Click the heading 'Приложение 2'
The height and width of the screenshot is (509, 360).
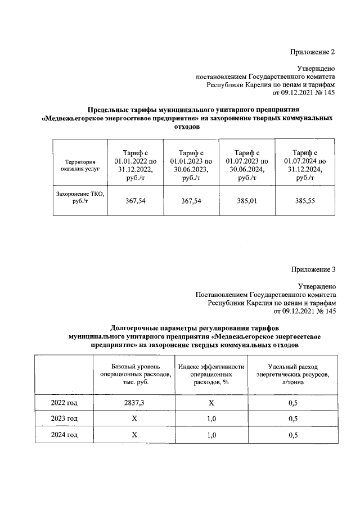312,52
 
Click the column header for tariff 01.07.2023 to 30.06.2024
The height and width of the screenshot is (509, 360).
247,164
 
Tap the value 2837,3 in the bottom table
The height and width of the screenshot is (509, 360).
134,403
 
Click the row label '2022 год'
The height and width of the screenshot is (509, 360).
64,403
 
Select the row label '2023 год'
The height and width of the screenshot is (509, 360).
64,419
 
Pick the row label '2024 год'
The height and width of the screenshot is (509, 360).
64,435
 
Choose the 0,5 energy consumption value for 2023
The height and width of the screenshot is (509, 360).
292,419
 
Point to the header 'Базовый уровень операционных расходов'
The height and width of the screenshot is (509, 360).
134,374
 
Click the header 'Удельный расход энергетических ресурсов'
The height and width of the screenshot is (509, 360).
292,374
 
